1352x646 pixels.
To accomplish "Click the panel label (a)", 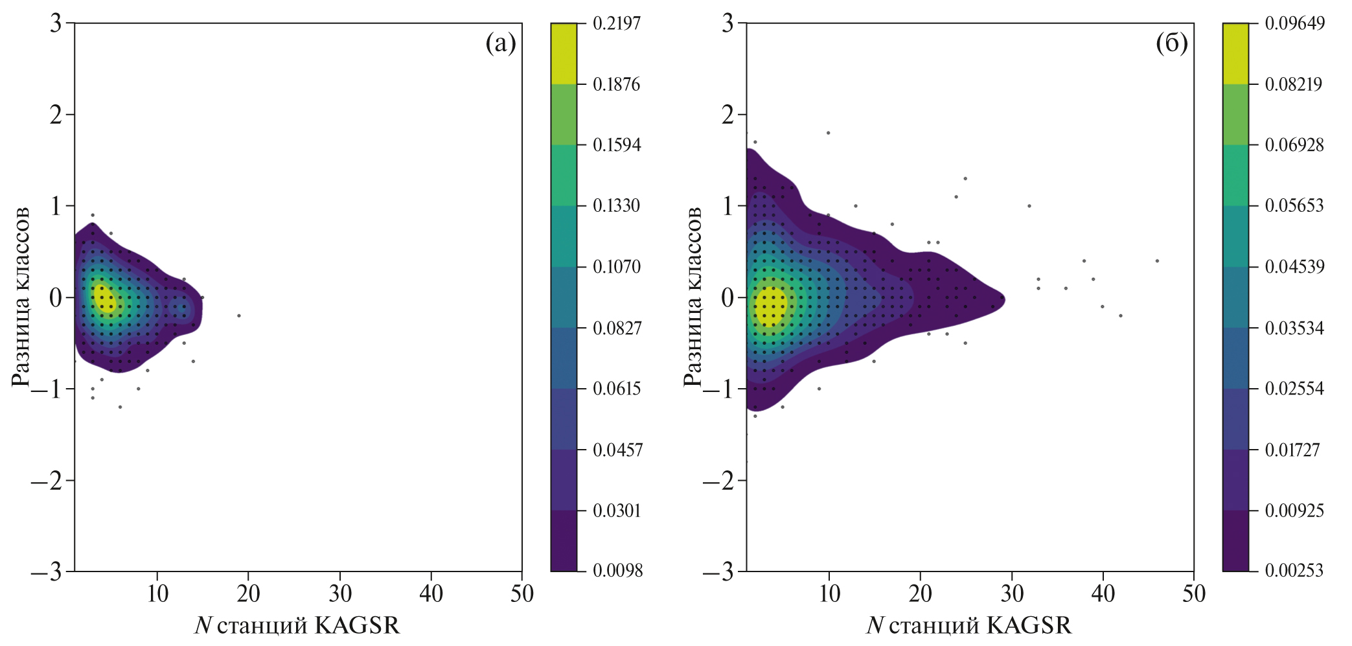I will coord(500,44).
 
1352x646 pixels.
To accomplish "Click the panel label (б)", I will coord(1171,44).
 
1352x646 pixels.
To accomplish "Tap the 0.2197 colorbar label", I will coord(617,23).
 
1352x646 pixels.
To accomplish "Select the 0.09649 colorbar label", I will coord(1294,23).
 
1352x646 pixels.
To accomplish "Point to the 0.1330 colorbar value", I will coord(617,206).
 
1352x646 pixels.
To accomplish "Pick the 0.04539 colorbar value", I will coord(1294,267).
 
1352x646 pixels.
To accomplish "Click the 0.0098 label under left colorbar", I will coord(617,571).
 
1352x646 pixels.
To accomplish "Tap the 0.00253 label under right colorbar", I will coord(1294,571).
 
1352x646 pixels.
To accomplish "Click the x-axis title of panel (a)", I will coord(297,625).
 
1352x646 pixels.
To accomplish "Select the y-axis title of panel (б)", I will coord(693,297).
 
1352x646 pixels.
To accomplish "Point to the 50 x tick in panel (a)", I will coord(521,594).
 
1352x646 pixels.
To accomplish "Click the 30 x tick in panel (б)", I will coord(1011,594).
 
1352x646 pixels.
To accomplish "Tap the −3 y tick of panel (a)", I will coord(46,572).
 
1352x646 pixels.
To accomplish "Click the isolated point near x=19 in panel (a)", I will coord(239,316).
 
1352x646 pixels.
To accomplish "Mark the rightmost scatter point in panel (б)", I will coord(1157,261).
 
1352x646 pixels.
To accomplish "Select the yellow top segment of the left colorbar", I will coord(563,54).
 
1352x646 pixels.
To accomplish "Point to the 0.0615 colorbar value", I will coord(617,389).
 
